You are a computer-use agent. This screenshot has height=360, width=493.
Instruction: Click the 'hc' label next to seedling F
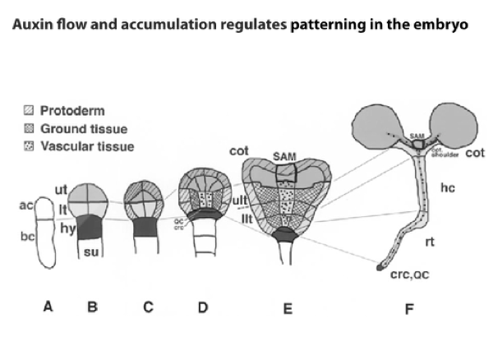point(447,188)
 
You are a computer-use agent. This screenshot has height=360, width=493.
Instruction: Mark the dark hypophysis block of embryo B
point(93,226)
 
